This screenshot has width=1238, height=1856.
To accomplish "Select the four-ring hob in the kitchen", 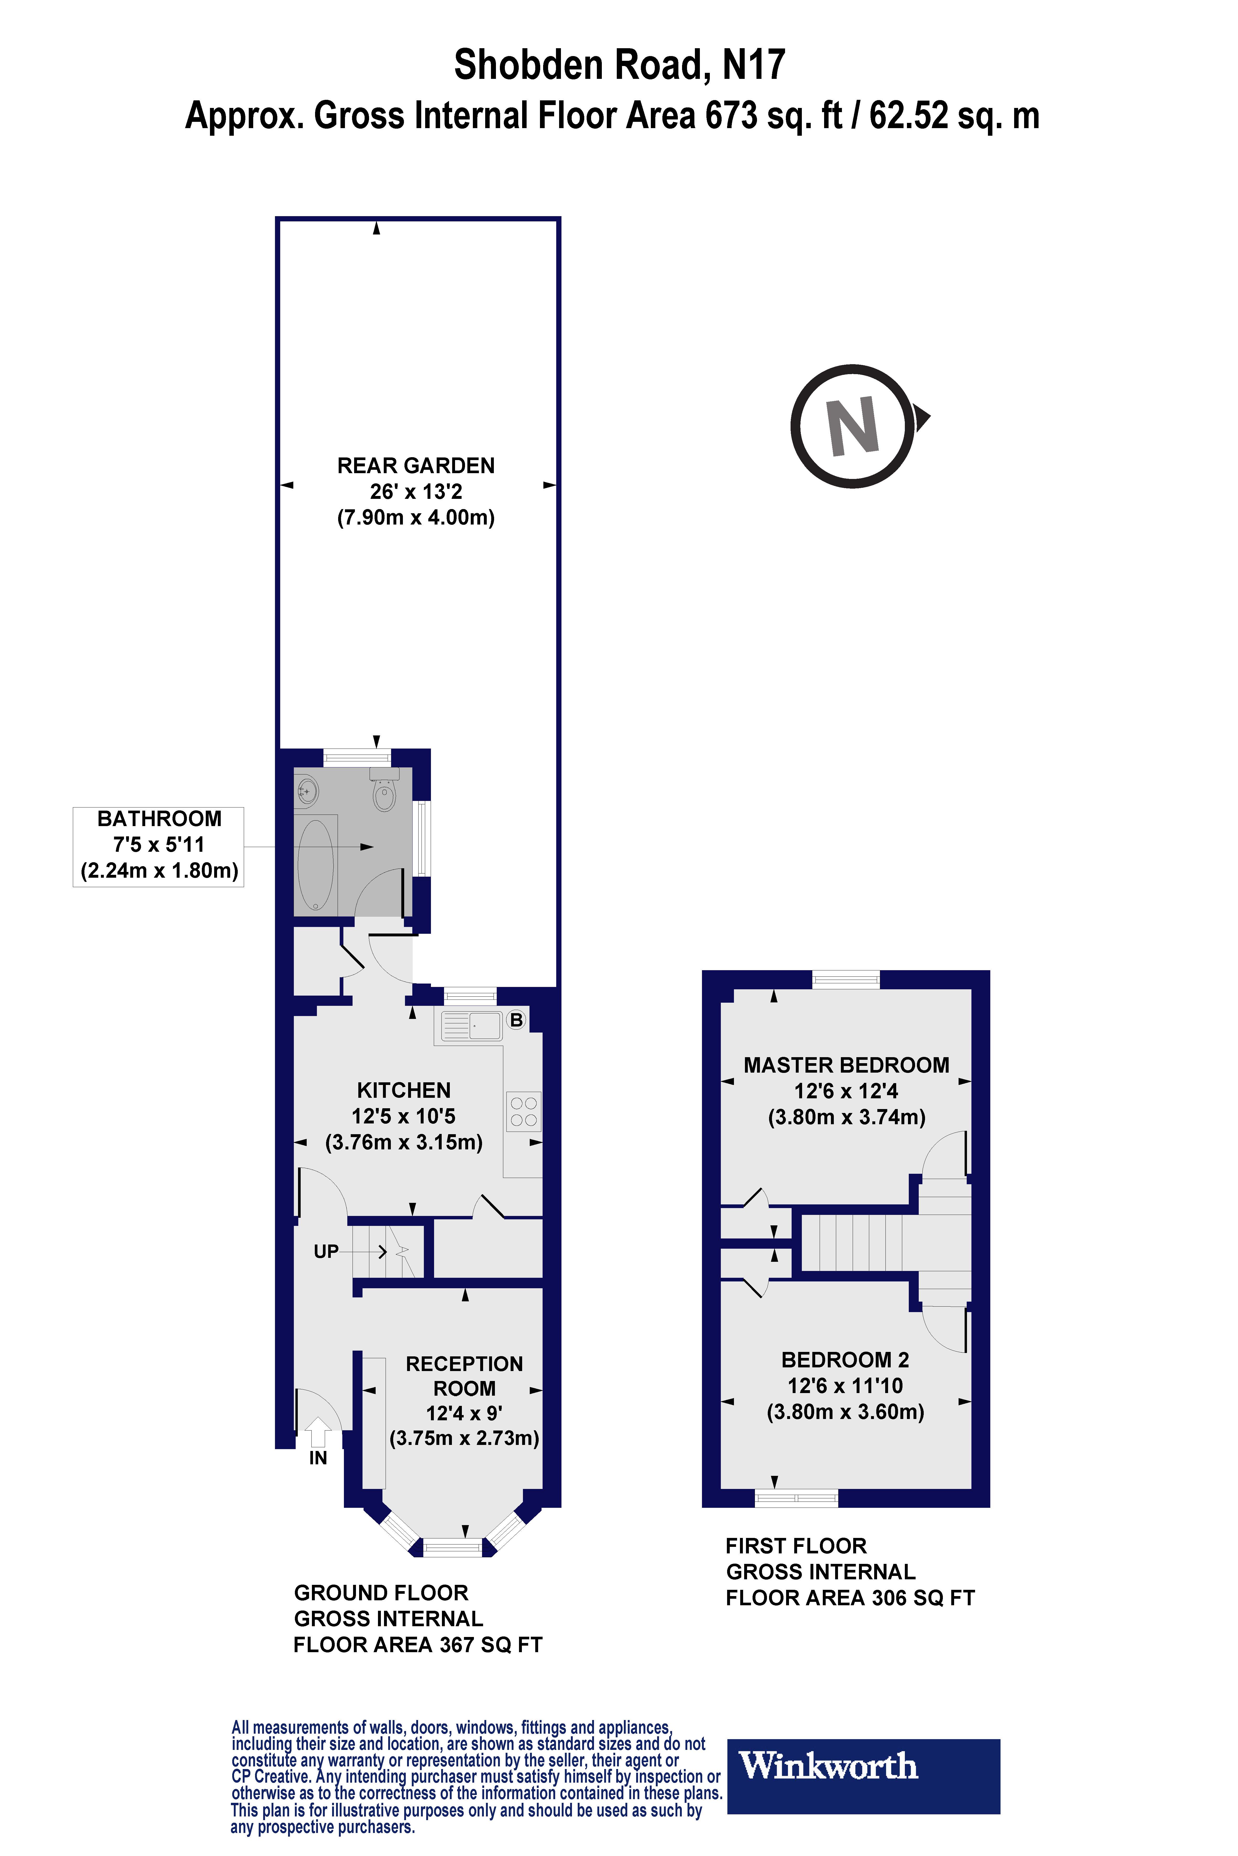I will click(x=523, y=1111).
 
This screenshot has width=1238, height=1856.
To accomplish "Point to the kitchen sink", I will click(x=472, y=1026).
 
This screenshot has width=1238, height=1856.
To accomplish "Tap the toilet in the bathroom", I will click(x=385, y=793).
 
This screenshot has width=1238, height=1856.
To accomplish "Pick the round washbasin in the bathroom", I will click(x=307, y=789).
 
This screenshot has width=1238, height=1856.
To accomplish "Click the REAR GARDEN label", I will click(x=416, y=466).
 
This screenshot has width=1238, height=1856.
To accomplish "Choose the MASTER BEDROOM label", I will click(x=846, y=1065).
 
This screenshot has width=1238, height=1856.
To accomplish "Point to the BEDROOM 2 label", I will click(x=845, y=1360).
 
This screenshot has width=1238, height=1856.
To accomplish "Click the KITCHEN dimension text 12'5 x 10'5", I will click(x=403, y=1116).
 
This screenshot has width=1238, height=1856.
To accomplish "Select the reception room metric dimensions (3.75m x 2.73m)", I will click(x=464, y=1438).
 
